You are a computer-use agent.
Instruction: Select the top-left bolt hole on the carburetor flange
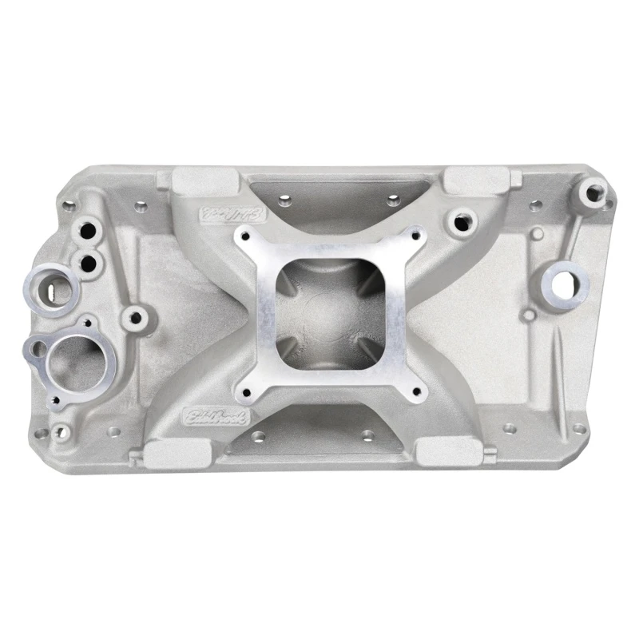(242, 236)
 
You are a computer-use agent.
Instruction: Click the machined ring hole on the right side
(563, 281)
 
